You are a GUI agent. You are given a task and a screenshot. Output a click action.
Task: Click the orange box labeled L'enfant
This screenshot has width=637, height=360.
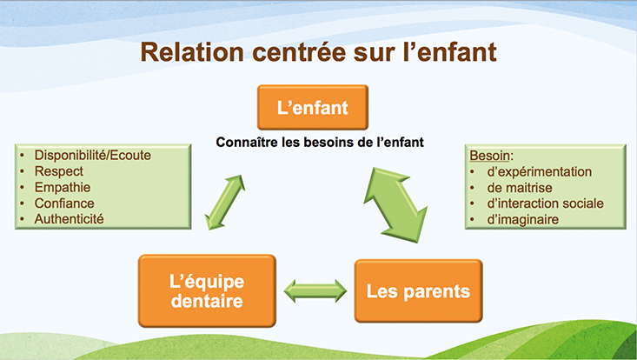[313, 107]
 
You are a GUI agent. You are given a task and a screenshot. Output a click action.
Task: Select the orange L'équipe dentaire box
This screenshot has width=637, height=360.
[207, 291]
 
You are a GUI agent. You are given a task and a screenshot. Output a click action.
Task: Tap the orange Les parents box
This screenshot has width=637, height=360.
[418, 291]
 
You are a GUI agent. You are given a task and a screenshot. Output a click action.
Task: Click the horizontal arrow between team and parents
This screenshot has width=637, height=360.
[315, 291]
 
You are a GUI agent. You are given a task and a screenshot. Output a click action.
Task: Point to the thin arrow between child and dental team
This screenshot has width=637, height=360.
[225, 203]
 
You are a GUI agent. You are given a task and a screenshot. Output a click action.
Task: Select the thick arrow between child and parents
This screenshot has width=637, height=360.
[395, 205]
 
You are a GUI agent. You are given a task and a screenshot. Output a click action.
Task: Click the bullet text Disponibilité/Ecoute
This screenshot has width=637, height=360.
[93, 155]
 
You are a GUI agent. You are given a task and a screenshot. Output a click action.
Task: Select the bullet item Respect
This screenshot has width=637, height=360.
[59, 171]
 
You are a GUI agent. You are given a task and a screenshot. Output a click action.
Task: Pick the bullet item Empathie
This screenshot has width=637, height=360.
[63, 187]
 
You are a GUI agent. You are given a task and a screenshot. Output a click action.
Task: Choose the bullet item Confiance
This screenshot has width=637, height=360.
[64, 203]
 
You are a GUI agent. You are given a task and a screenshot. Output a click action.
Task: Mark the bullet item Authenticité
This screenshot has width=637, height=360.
[69, 219]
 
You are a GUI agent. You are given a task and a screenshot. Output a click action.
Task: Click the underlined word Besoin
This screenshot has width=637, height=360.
[489, 156]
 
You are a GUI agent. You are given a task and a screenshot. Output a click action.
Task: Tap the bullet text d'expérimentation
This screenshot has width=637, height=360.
[540, 172]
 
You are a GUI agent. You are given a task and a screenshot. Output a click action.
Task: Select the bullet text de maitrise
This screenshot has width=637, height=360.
[520, 188]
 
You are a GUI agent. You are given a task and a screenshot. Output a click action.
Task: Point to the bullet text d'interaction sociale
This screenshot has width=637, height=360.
[545, 203]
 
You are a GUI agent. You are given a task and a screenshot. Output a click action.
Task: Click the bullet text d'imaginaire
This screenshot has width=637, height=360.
[523, 219]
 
